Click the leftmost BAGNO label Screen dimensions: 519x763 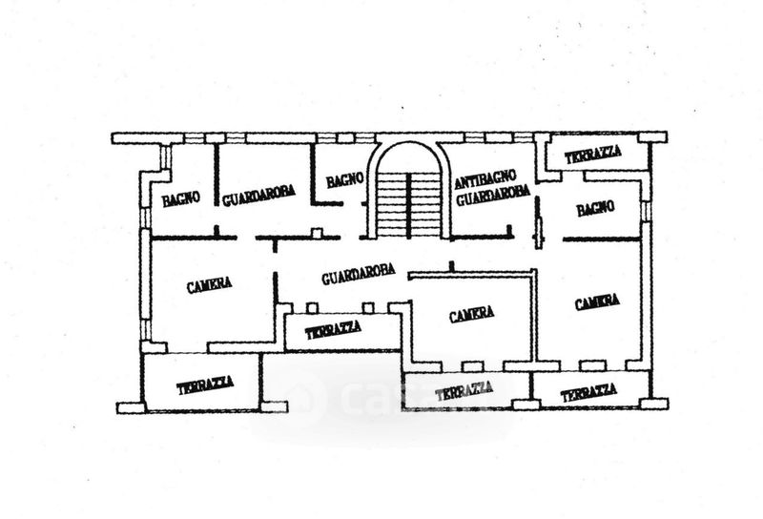click(x=180, y=199)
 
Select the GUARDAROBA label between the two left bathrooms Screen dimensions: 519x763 click(x=258, y=195)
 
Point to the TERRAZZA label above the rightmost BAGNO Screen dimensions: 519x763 click(x=593, y=154)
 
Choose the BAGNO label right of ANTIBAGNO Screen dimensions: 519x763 click(x=595, y=207)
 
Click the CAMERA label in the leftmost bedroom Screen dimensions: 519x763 click(x=210, y=283)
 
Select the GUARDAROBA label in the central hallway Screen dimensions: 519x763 click(x=358, y=278)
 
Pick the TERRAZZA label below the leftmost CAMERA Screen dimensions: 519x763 click(x=205, y=385)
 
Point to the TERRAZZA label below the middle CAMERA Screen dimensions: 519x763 click(x=464, y=389)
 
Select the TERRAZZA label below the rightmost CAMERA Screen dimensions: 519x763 click(x=588, y=391)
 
